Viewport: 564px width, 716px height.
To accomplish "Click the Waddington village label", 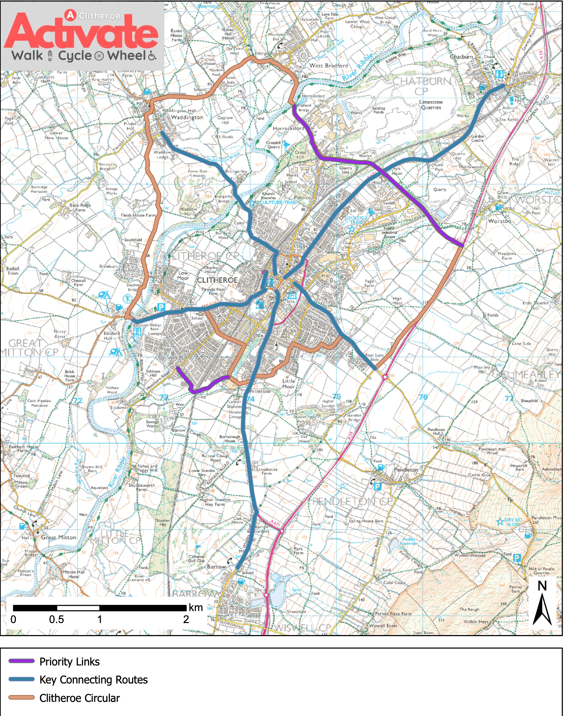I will [187, 117].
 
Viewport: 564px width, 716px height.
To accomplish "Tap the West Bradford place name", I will [329, 65].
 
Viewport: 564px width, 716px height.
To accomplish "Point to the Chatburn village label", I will [461, 57].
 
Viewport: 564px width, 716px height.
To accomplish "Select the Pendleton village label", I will [406, 470].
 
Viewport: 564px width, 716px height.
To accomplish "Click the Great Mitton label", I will [58, 537].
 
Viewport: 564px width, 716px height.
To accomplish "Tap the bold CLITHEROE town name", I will [217, 280].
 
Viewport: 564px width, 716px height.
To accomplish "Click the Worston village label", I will [499, 221].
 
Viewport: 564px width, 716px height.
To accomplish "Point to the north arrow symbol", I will [542, 605].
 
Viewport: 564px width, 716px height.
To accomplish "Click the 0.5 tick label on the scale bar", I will [57, 620].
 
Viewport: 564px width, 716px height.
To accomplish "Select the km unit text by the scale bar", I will [195, 608].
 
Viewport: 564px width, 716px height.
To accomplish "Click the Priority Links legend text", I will [70, 662].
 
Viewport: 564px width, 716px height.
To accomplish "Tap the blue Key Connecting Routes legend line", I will [22, 679].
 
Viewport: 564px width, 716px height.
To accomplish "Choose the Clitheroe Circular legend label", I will [80, 698].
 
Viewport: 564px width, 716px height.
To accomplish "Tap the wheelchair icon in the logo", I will [152, 56].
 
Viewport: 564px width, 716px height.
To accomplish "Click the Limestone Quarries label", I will [431, 105].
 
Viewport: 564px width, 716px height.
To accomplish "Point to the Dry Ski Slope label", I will [513, 522].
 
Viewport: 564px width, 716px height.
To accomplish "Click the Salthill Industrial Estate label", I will [389, 233].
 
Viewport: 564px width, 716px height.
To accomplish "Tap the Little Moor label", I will [288, 384].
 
